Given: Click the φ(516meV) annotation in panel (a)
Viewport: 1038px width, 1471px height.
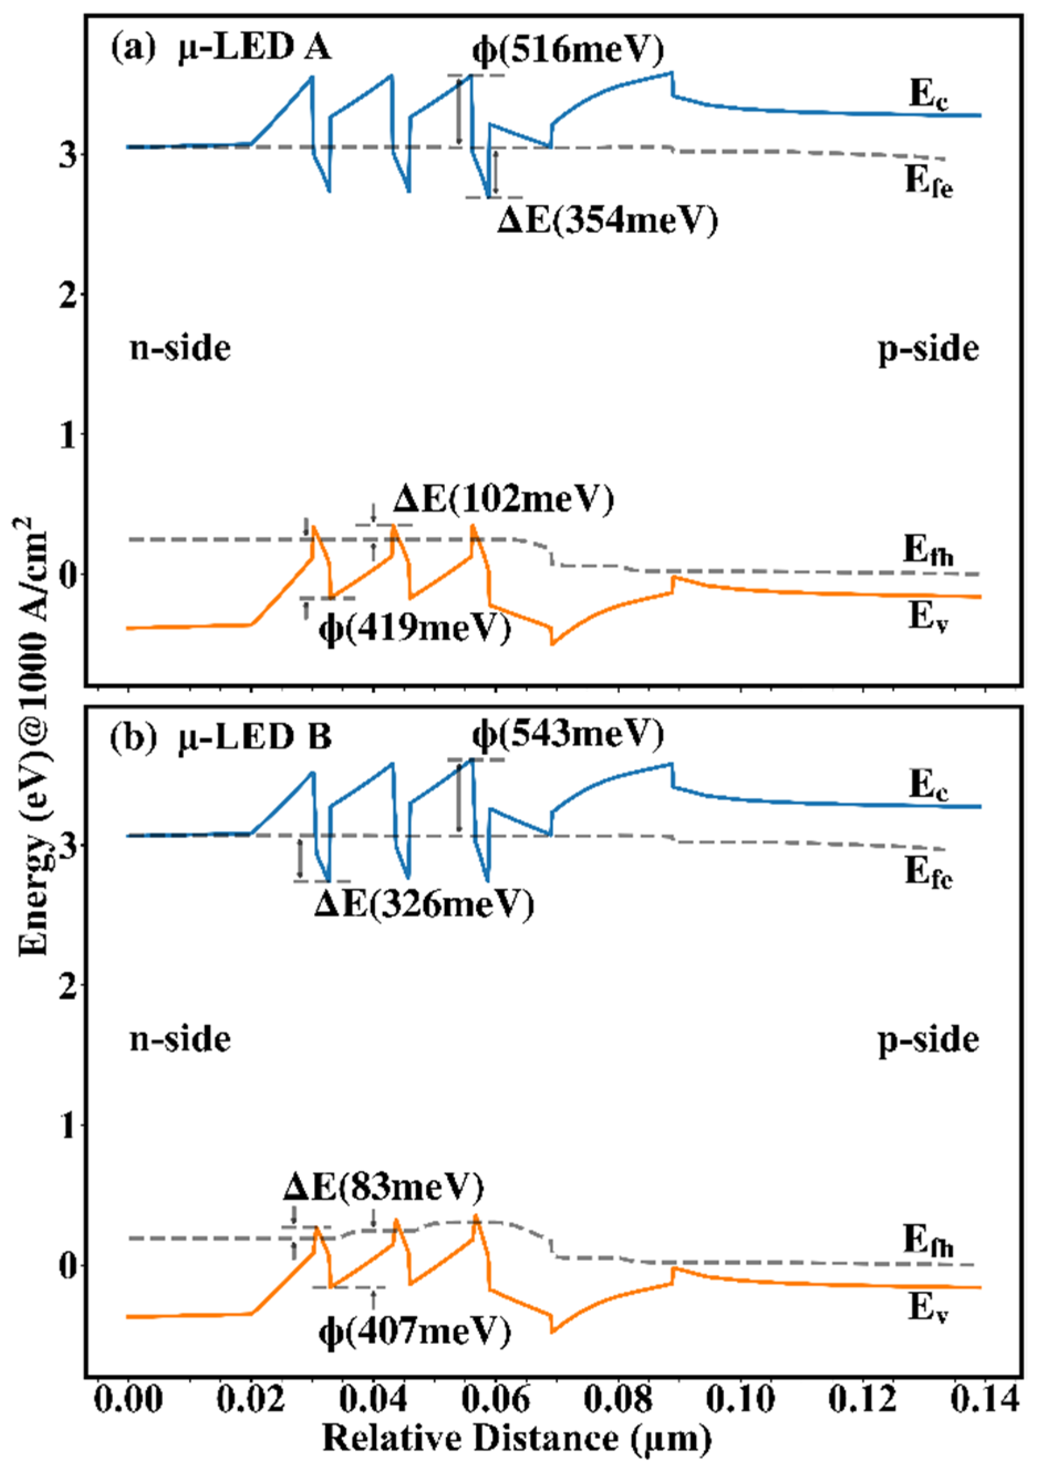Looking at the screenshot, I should [x=568, y=49].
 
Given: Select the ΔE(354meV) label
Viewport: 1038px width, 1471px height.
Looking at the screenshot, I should [x=608, y=221].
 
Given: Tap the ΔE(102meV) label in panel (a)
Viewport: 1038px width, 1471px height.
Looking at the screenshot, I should [x=504, y=499].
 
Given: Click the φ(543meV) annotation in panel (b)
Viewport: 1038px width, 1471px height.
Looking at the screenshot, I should [x=568, y=735].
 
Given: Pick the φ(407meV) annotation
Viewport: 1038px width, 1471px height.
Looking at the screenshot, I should [x=415, y=1332].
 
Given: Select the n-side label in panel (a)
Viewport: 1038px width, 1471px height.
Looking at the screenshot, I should [x=180, y=349].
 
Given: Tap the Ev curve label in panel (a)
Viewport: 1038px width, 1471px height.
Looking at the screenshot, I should [x=927, y=617].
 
